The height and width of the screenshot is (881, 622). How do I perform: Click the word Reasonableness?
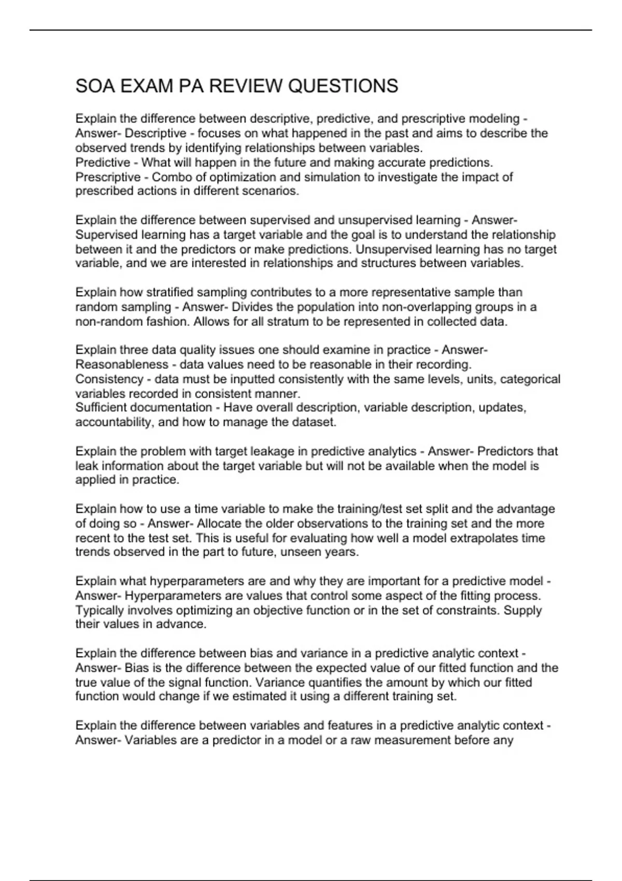pos(122,364)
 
